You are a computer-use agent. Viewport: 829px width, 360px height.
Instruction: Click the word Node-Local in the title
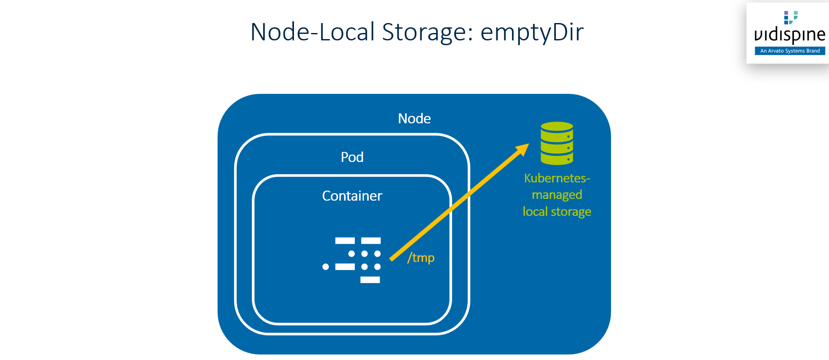(x=312, y=32)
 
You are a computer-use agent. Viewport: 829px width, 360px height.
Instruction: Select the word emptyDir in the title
(x=532, y=32)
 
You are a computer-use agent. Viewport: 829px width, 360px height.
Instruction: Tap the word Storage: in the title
(x=427, y=32)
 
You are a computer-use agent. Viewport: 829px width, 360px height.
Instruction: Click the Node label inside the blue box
(x=414, y=119)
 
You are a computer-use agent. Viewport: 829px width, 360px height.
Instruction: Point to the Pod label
(x=352, y=157)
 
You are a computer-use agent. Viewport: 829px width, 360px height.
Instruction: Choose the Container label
(x=352, y=196)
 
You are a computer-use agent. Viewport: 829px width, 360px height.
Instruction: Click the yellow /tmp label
(x=421, y=258)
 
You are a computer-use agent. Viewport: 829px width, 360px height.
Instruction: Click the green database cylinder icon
(x=557, y=143)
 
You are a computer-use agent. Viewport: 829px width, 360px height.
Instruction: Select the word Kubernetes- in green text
(x=557, y=178)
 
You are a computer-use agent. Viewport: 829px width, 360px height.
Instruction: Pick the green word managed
(x=557, y=195)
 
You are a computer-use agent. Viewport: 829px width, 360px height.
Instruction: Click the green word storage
(x=571, y=211)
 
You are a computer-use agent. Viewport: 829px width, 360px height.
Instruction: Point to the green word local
(x=535, y=211)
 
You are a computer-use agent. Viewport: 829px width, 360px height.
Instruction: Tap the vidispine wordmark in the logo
(x=789, y=35)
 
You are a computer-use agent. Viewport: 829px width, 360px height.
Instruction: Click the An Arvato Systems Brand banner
(x=789, y=51)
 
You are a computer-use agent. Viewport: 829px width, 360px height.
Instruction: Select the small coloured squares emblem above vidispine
(x=790, y=17)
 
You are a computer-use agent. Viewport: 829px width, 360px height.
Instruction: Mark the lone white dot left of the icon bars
(x=325, y=267)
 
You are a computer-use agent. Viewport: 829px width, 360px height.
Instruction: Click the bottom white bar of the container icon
(x=370, y=280)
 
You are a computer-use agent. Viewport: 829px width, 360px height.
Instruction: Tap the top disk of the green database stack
(x=557, y=127)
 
